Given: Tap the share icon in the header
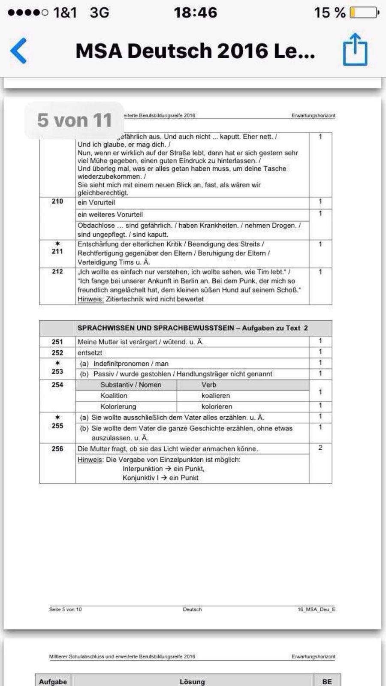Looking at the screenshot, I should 355,50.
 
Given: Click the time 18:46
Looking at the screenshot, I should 195,12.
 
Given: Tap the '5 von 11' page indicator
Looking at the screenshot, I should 74,120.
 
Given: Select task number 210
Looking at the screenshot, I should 57,202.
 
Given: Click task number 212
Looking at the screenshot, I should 57,272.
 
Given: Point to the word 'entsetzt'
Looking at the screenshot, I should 90,353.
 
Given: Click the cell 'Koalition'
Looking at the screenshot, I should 114,396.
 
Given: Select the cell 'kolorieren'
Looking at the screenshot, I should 217,406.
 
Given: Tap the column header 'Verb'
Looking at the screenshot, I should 209,385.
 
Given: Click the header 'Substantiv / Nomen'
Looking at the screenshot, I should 131,385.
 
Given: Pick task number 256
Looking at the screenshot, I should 57,449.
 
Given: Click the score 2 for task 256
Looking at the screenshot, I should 320,448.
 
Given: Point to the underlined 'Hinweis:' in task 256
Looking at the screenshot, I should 90,460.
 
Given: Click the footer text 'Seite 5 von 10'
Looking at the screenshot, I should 65,609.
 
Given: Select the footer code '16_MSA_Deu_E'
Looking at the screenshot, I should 317,609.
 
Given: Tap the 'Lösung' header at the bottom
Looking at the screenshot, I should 192,682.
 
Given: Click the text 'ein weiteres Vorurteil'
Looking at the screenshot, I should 110,214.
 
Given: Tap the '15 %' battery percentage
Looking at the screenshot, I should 329,13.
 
